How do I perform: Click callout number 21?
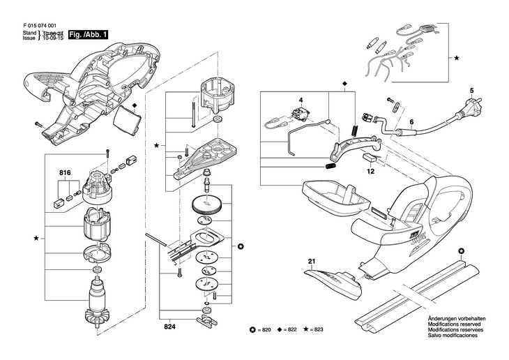[312, 262]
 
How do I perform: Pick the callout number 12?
[371, 170]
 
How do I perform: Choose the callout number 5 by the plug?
[471, 91]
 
